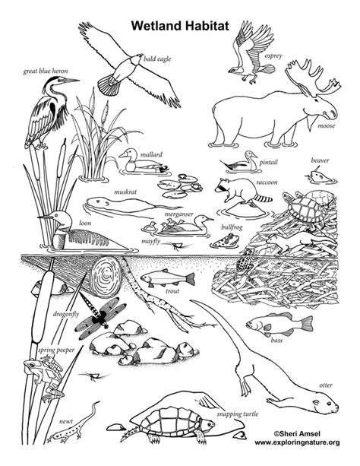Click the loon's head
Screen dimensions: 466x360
pyautogui.click(x=54, y=219)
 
